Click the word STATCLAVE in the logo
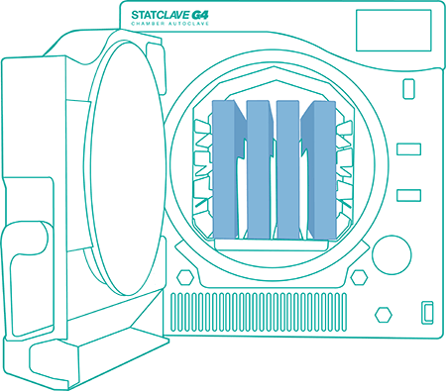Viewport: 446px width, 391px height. (x=161, y=15)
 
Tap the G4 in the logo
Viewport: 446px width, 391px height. (x=200, y=15)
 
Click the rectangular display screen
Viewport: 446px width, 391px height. (x=393, y=31)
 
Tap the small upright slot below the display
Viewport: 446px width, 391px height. (x=408, y=89)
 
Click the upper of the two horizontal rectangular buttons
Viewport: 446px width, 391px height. (x=408, y=149)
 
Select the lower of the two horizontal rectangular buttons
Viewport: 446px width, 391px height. (x=408, y=195)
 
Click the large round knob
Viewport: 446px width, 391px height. (x=391, y=255)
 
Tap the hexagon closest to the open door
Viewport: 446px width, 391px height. (x=185, y=278)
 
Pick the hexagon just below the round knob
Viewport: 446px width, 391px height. (x=359, y=277)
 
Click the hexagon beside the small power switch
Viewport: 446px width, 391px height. (x=384, y=315)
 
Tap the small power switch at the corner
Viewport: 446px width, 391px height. (x=427, y=313)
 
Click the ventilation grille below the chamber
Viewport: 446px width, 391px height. (x=259, y=312)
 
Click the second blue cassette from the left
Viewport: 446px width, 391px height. (x=260, y=169)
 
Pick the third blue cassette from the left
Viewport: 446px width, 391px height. (x=288, y=169)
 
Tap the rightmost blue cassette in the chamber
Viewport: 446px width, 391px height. (x=320, y=169)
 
